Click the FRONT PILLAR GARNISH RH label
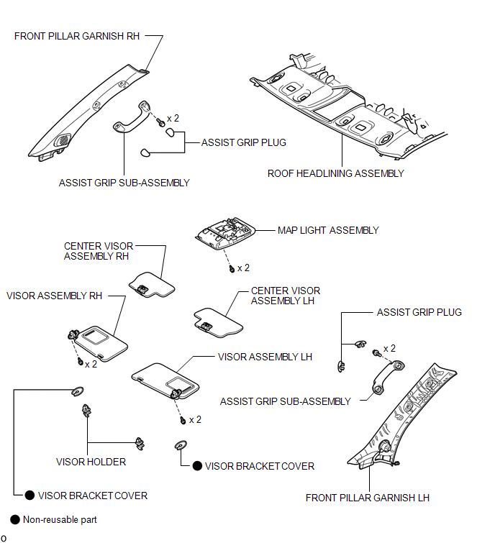point(76,36)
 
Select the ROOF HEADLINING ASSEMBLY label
point(336,173)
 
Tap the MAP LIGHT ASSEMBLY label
point(328,230)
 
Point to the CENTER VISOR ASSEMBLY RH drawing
point(153,285)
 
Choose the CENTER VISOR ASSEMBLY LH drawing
point(218,323)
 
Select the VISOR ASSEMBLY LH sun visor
point(166,380)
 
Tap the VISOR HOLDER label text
point(91,462)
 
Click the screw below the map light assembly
point(232,269)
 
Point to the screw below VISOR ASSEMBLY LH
point(183,421)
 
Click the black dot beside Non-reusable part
point(15,519)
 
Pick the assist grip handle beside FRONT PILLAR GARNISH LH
point(388,377)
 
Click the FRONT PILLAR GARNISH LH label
point(367,498)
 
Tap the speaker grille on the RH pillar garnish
point(63,140)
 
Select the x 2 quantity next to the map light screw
point(243,268)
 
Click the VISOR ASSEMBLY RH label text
point(55,296)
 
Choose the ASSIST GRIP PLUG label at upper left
point(244,142)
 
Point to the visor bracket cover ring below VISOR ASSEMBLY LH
point(181,445)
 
